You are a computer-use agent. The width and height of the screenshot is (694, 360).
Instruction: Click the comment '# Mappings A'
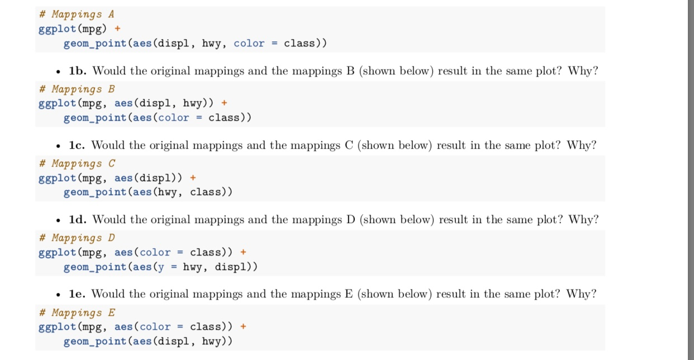77,15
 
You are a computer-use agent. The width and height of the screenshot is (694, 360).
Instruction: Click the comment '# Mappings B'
77,89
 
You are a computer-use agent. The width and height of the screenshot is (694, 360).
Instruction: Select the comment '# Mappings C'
77,163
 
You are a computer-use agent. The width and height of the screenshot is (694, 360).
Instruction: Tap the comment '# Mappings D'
77,238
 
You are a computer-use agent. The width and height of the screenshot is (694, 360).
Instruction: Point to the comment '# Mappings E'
77,312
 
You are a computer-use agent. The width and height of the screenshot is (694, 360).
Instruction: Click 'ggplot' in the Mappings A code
57,29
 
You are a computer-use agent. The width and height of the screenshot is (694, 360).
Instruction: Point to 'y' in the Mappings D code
161,267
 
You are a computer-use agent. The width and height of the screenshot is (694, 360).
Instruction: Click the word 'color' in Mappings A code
249,44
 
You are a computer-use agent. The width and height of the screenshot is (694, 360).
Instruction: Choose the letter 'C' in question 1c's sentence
348,145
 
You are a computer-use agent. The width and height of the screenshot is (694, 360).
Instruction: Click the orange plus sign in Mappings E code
243,326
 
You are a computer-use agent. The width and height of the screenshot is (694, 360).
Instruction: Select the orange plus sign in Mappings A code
117,29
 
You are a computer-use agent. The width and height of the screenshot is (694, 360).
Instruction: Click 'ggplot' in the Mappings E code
57,326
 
